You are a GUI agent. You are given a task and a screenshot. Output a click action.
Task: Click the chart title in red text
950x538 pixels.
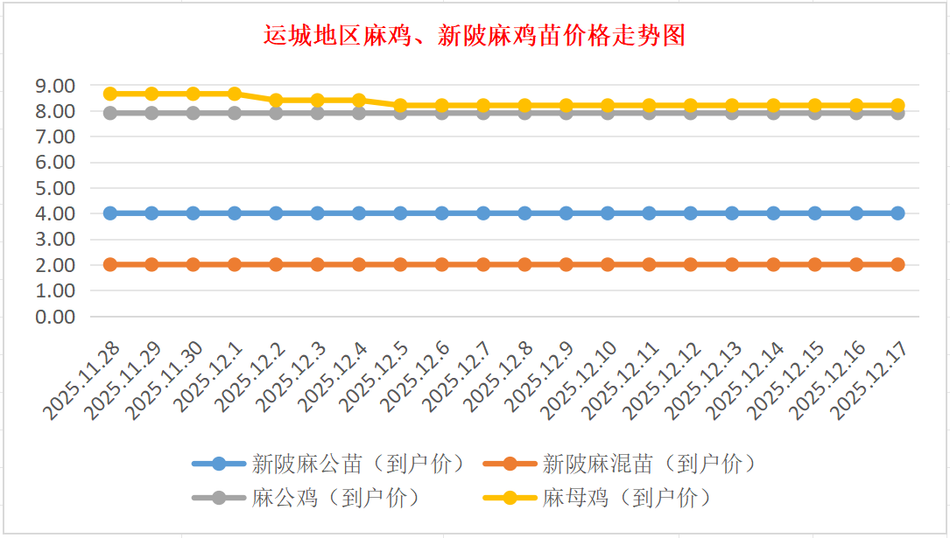(474, 36)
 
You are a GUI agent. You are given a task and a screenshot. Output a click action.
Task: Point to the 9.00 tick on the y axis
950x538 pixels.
(54, 86)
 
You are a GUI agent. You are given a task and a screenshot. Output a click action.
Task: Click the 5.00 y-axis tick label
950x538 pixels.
(54, 188)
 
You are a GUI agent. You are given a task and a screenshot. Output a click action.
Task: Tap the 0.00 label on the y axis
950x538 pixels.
(54, 316)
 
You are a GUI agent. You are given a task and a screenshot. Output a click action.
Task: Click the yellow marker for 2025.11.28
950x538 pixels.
(110, 94)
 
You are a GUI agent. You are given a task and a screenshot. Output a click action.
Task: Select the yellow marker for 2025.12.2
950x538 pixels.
(277, 100)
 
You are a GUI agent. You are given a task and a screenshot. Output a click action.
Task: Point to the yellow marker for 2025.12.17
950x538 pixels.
(898, 105)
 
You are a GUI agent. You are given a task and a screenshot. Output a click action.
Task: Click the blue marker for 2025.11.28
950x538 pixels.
(110, 213)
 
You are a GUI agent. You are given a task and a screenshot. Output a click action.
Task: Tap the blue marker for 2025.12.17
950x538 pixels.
(898, 213)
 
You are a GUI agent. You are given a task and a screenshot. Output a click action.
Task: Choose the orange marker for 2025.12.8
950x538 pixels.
(525, 264)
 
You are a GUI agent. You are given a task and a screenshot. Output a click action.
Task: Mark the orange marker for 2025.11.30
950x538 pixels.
(194, 264)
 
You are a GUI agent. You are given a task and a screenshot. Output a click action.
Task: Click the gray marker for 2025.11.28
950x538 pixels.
(110, 113)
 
